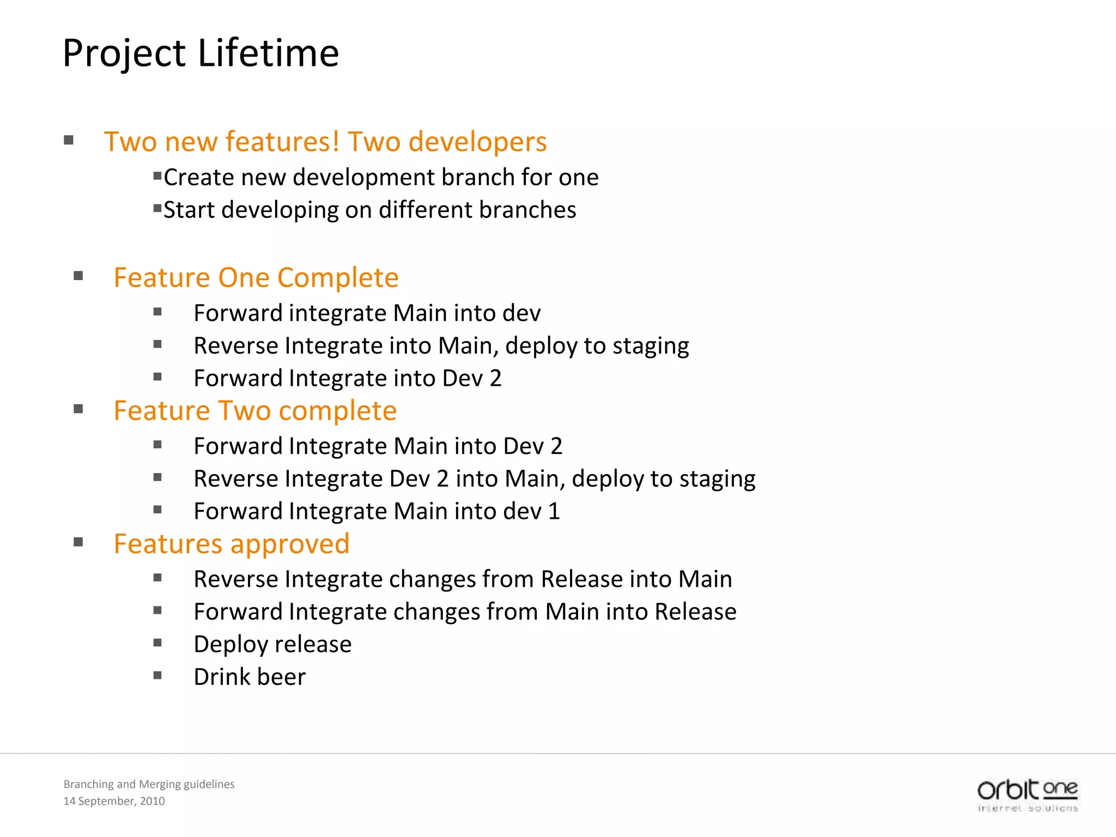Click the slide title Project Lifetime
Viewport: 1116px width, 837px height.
tap(201, 53)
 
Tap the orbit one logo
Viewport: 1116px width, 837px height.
tap(1028, 794)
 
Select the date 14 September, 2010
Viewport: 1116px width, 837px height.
tap(114, 801)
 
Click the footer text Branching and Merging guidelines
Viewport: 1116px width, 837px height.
tap(149, 784)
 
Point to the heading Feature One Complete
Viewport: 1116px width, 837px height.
tap(256, 277)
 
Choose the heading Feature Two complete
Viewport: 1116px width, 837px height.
tap(255, 411)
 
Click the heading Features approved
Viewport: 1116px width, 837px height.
tap(232, 544)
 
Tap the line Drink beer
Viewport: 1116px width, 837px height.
tap(250, 677)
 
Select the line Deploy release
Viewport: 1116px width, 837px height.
tap(272, 644)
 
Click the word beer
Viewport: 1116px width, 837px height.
tap(281, 677)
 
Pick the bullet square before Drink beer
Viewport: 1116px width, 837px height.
tap(157, 676)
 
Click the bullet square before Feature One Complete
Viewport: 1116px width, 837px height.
tap(78, 276)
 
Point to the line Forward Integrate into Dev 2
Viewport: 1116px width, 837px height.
tap(347, 378)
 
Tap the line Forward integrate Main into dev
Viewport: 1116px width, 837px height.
tap(367, 313)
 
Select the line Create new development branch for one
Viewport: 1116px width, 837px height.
tap(381, 178)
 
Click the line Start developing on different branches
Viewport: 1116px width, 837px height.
tap(369, 210)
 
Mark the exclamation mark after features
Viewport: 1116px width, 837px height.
tap(336, 141)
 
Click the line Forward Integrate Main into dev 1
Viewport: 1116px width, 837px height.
tap(377, 511)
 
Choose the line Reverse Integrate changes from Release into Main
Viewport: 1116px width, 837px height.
tap(463, 579)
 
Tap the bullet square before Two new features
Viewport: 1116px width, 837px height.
tap(69, 140)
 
